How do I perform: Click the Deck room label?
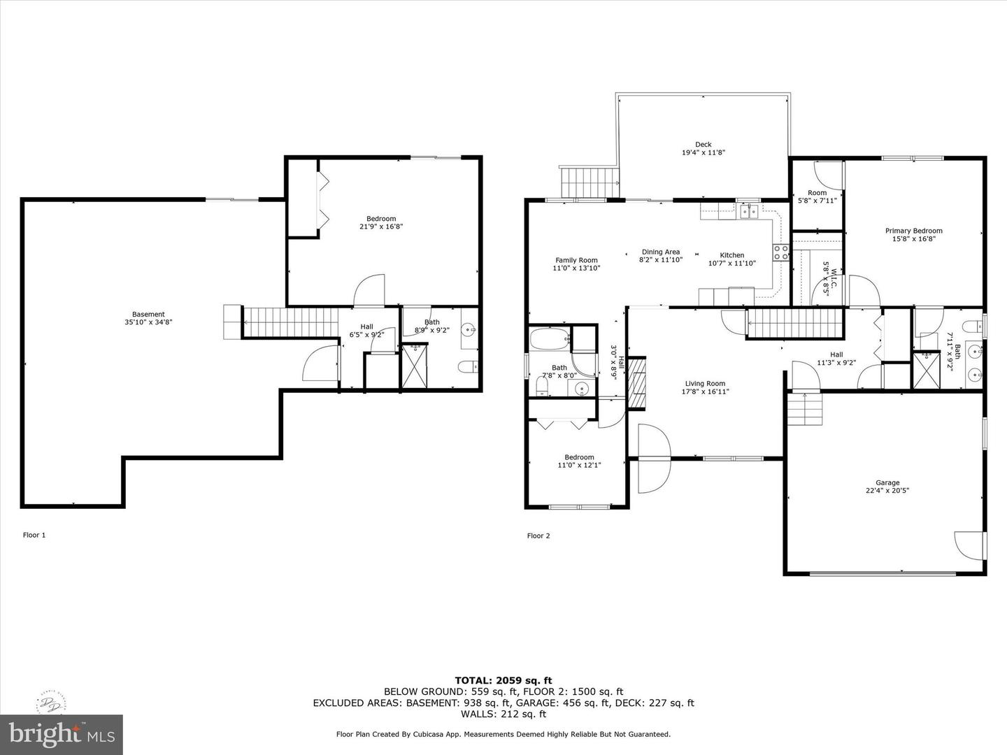click(x=704, y=145)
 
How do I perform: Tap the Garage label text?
click(x=887, y=482)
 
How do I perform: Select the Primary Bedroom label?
click(x=913, y=231)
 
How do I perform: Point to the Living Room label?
click(x=705, y=384)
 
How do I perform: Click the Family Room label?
click(x=576, y=260)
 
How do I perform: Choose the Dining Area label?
click(x=661, y=252)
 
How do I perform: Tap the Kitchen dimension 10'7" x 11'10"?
click(x=731, y=263)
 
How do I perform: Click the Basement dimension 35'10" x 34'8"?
click(x=148, y=322)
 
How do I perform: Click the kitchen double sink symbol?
click(x=749, y=212)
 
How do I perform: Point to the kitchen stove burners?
click(x=781, y=252)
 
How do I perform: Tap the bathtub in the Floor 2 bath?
click(x=550, y=339)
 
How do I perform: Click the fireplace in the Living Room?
click(x=637, y=383)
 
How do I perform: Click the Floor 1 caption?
click(x=34, y=535)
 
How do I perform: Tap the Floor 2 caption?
click(x=538, y=535)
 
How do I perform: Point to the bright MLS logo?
click(x=62, y=735)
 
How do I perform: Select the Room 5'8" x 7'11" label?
click(x=817, y=196)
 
